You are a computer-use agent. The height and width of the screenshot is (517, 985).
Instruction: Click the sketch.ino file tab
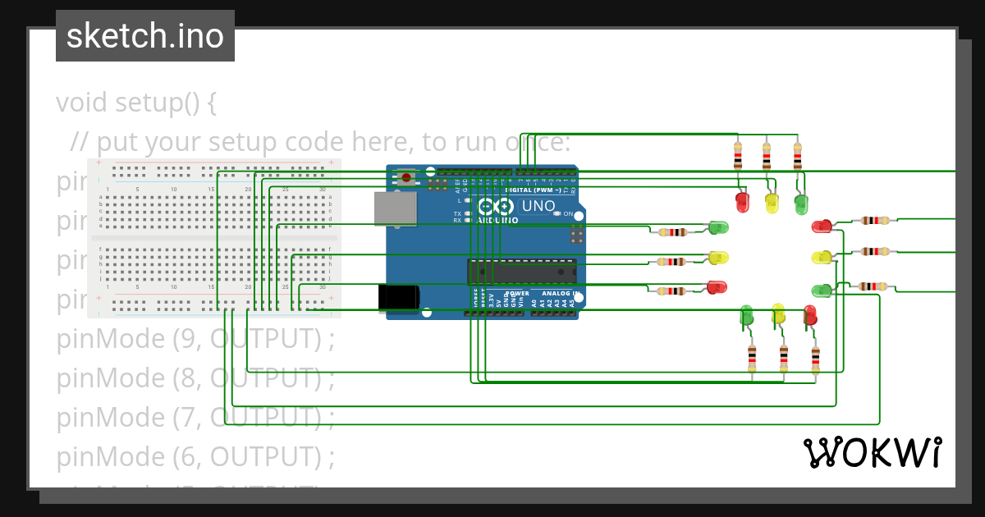coord(145,36)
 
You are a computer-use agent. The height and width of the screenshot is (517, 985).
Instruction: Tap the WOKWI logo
coord(872,452)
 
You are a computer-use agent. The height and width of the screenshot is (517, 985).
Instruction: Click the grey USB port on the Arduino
coord(396,208)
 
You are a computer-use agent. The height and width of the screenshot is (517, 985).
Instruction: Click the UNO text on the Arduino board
coord(538,206)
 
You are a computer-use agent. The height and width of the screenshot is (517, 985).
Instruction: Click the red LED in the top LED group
coord(742,201)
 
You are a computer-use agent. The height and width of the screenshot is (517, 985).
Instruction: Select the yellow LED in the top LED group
coord(772,202)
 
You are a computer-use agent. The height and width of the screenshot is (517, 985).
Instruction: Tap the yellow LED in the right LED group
coord(821,258)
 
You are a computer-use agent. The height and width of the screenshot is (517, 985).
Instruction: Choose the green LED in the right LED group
coord(821,291)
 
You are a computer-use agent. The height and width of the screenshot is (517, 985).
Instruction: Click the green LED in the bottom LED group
coord(746,314)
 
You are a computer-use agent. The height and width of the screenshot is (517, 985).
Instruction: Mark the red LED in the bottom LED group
coord(810,314)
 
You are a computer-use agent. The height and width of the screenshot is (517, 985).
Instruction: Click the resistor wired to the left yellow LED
coord(672,262)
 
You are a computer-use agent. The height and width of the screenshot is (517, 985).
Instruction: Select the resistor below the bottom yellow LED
coord(783,357)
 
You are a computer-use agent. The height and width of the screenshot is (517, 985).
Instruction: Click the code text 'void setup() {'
coord(136,103)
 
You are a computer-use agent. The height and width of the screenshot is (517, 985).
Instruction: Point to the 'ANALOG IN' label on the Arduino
coord(561,293)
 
